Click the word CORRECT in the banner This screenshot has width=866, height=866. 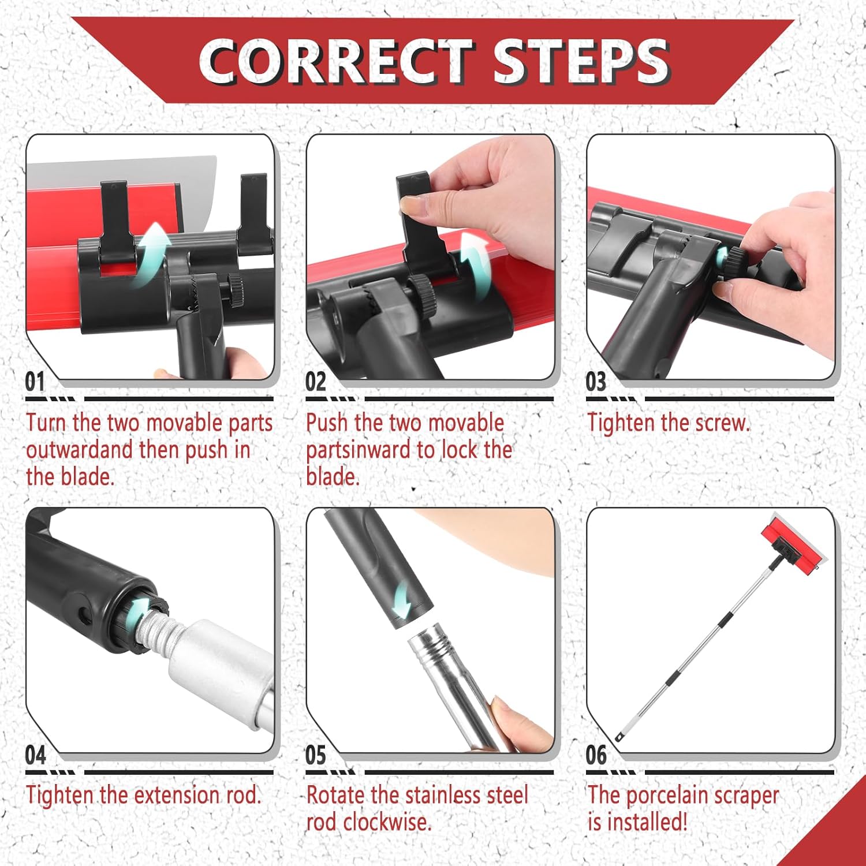coord(337,61)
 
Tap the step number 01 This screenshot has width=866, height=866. coord(35,382)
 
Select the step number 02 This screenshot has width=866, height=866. coord(316,382)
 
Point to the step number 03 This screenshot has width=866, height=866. coord(596,382)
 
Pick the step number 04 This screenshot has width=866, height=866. coord(35,755)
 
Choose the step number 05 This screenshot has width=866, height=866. coord(316,755)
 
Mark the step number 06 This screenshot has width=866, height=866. coord(596,755)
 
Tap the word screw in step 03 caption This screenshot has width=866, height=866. coord(722,424)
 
